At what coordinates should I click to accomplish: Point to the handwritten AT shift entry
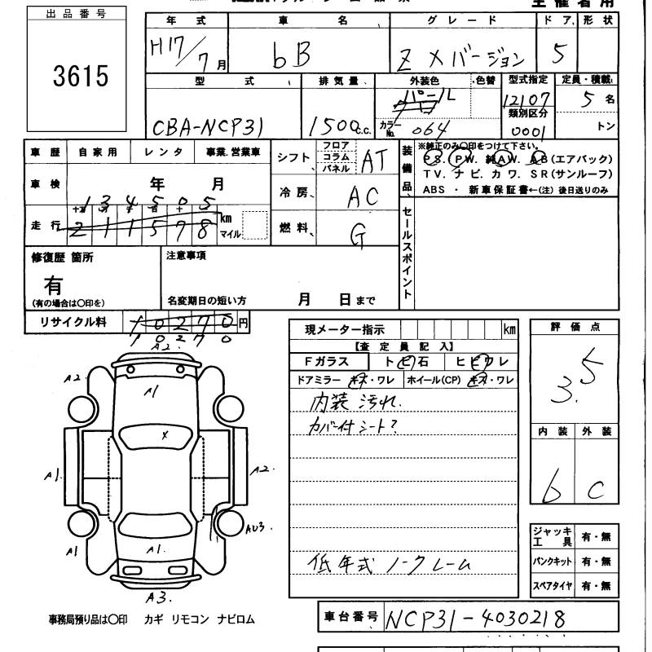(372, 162)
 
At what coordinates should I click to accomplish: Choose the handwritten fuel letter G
(358, 234)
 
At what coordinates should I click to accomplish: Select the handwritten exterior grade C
(597, 489)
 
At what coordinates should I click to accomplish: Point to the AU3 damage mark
(256, 529)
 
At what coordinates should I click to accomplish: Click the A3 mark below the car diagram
(158, 597)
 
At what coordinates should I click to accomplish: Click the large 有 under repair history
(54, 285)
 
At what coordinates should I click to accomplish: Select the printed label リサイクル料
(73, 322)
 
